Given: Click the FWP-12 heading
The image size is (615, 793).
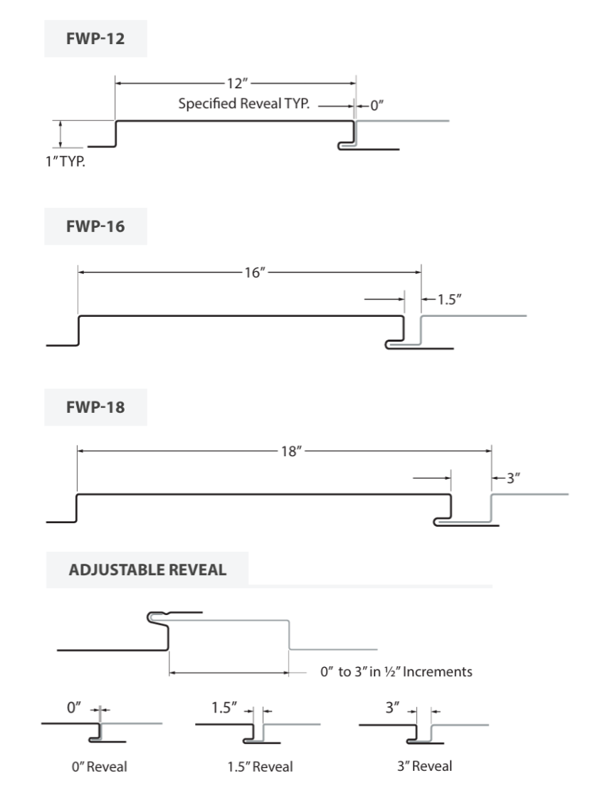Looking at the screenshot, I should coord(95,38).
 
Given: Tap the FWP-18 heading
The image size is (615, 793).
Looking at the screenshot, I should coord(95,409).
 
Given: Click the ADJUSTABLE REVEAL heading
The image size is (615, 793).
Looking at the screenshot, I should coord(147,569).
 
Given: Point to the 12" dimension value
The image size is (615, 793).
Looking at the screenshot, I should coord(235,83).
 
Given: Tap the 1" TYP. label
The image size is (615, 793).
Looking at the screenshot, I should coord(70,162).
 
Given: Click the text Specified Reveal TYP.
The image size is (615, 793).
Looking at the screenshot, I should coord(243,104).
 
